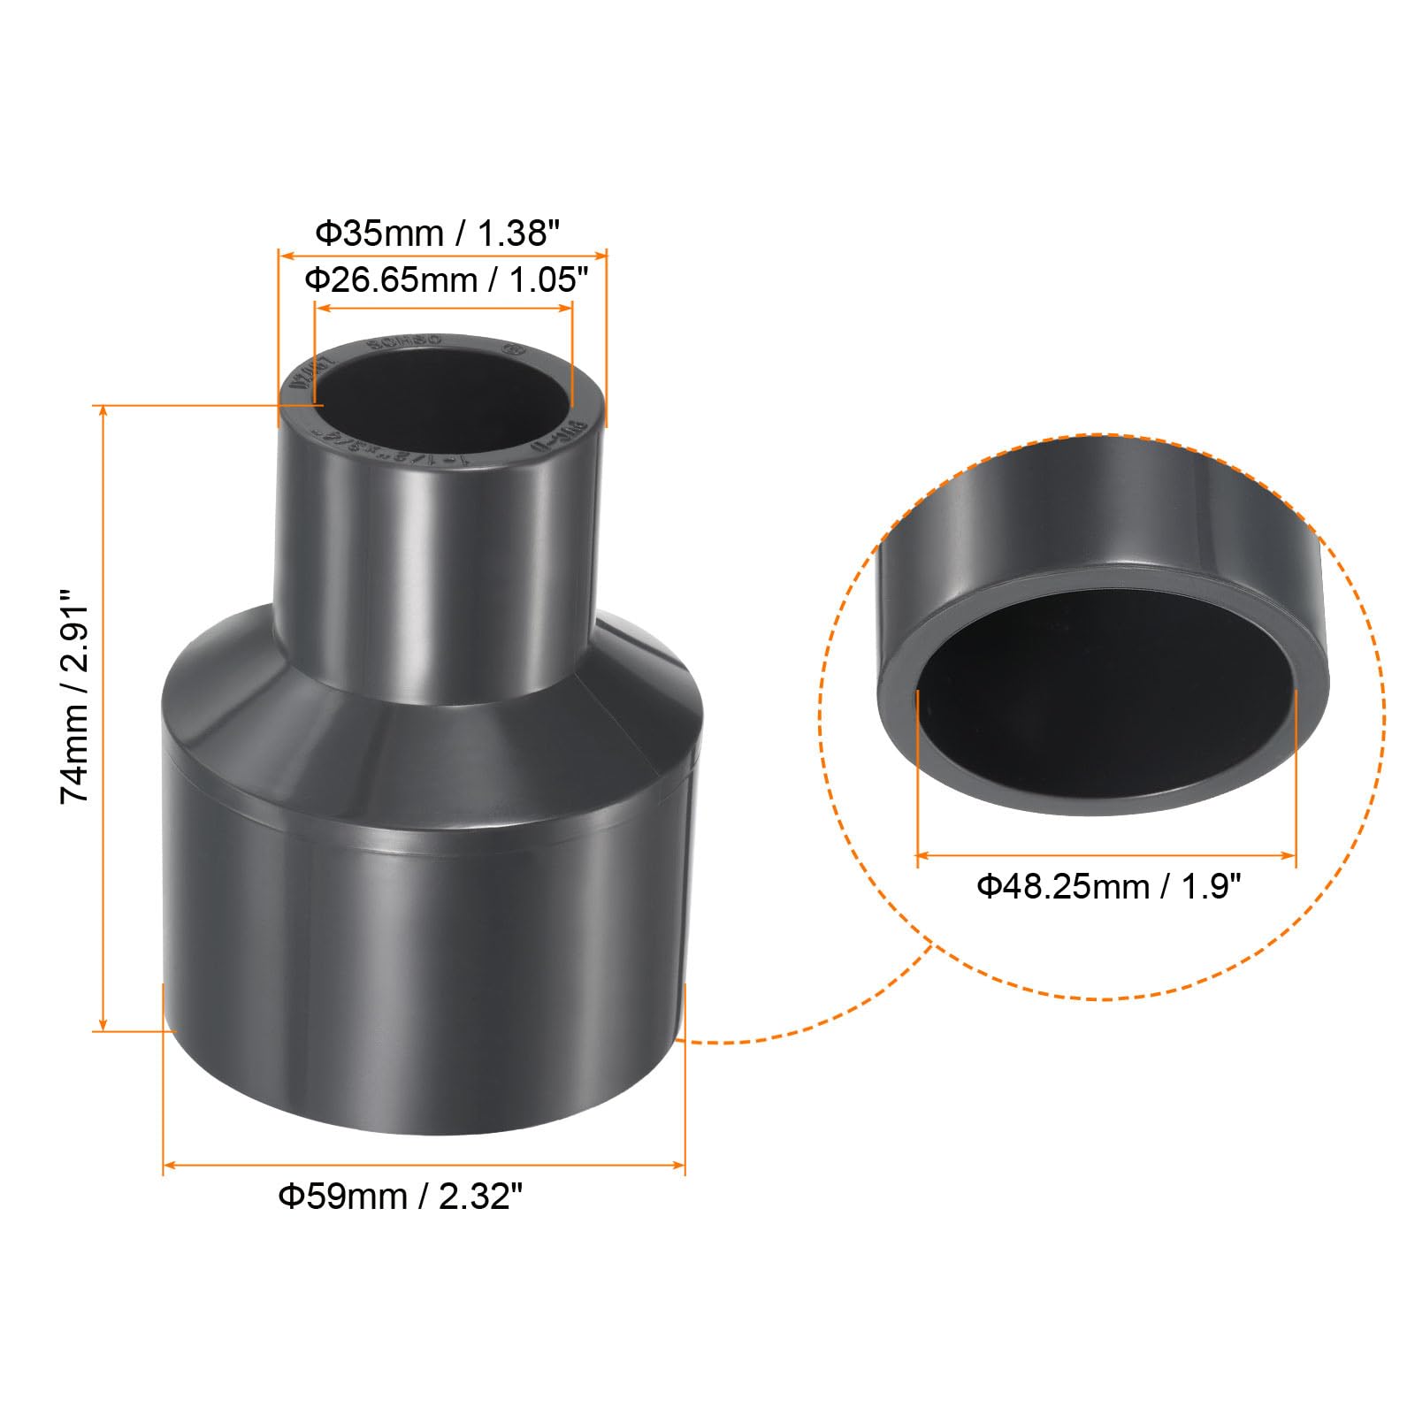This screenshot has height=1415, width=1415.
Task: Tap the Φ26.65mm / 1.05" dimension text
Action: tap(446, 280)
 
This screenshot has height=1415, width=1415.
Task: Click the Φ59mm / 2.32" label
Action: tap(401, 1197)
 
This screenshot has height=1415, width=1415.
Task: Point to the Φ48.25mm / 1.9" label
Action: tap(1109, 885)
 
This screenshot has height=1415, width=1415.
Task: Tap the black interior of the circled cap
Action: tap(1105, 699)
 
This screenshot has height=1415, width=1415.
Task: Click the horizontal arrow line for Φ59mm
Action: tap(424, 1165)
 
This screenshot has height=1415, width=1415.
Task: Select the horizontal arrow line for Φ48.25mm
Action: tap(1105, 855)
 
